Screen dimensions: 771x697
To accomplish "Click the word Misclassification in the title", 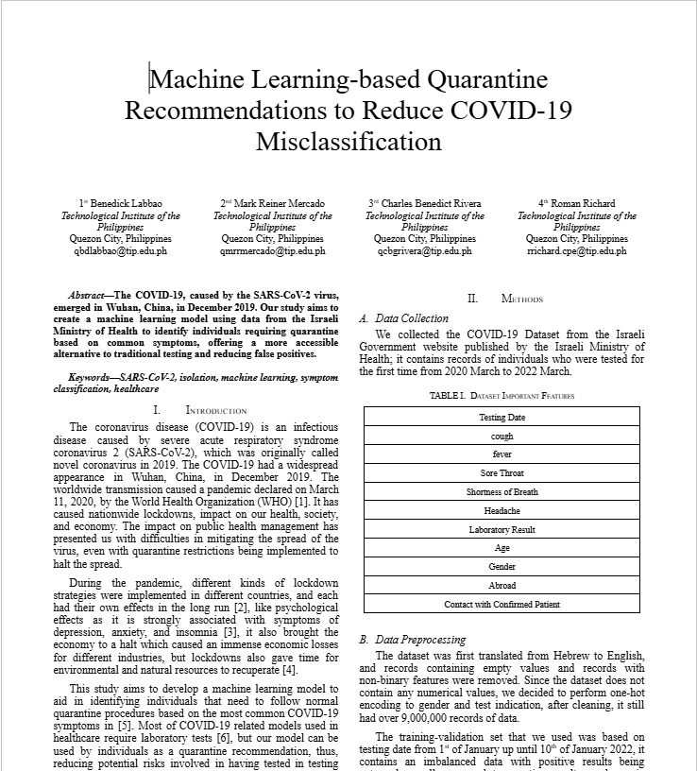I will tap(348, 143).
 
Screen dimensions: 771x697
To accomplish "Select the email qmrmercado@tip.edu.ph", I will tap(273, 251).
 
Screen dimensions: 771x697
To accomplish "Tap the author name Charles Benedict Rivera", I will tap(430, 203).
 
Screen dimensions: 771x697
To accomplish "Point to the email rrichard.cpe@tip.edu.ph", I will tap(576, 251).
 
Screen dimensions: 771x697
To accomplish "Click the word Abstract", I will tap(91, 296).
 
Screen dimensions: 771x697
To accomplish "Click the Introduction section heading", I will tap(215, 411).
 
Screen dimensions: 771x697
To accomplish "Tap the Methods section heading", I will tap(521, 300).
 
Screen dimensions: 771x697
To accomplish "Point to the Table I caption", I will tap(501, 396).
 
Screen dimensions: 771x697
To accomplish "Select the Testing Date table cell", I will tap(501, 417).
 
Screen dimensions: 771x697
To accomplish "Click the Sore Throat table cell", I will tap(501, 473).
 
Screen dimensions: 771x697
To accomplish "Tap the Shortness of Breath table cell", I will tap(501, 492).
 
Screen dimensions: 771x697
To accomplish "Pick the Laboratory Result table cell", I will tap(501, 530).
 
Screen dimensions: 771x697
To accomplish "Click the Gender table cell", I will tap(501, 567).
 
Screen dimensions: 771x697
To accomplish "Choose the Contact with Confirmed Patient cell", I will tap(501, 605).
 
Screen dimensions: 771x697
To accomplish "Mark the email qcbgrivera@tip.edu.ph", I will tap(425, 251).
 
